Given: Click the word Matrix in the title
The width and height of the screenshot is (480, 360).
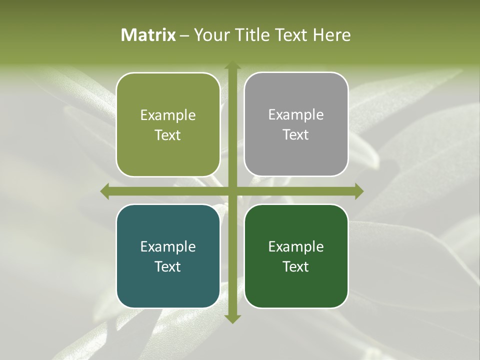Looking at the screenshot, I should [148, 35].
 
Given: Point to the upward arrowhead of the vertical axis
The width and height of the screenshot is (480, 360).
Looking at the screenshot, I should [232, 65].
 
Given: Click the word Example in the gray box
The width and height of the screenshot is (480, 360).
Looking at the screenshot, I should [296, 115].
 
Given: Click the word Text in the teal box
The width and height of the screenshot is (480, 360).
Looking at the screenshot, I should [168, 266].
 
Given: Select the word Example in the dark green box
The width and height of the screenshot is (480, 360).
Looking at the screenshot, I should [296, 246].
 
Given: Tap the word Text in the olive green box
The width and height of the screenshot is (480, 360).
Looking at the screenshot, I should [168, 135].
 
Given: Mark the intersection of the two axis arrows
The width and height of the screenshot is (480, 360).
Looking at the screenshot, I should [232, 191].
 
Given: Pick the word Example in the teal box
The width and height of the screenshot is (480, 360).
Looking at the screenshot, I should [168, 246].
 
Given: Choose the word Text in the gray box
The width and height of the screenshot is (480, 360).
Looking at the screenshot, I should [296, 135].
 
